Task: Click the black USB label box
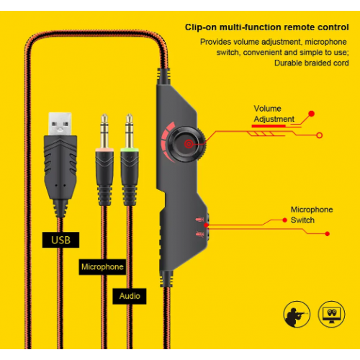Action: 60,240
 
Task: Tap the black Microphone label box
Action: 102,267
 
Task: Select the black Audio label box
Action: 130,296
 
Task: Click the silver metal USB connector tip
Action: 60,124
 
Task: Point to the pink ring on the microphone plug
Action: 104,150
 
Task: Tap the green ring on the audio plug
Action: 130,150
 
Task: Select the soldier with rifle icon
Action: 297,314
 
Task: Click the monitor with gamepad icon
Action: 331,314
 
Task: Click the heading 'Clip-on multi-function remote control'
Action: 266,27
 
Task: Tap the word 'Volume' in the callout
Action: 267,109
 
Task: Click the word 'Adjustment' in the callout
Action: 274,119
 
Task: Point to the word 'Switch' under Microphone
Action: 302,220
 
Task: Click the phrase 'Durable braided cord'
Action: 312,63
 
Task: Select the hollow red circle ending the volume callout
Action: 319,135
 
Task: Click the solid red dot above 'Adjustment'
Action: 312,114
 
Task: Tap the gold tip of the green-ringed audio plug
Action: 130,131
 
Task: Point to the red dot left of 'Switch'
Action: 284,220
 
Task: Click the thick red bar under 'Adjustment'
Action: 269,126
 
